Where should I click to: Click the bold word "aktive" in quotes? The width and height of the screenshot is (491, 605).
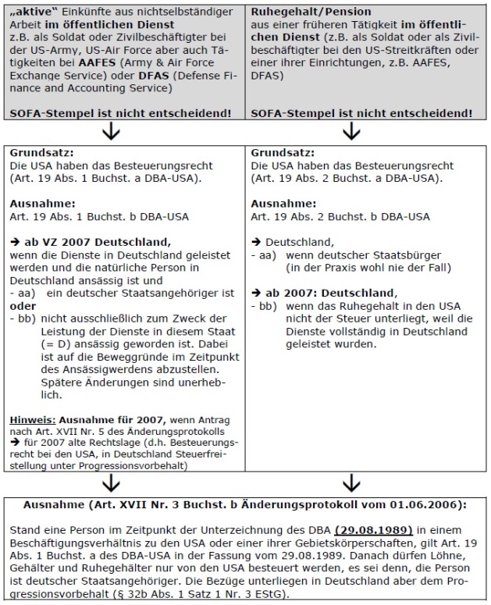pyautogui.click(x=29, y=12)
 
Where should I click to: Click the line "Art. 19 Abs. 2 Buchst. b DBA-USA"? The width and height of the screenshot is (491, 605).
pyautogui.click(x=340, y=216)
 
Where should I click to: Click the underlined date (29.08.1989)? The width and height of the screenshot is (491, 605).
pyautogui.click(x=358, y=523)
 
